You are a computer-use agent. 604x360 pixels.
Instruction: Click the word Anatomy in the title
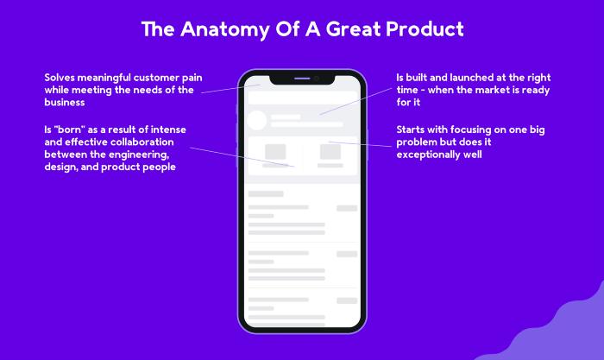pos(225,29)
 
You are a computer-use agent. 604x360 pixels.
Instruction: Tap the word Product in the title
pos(425,28)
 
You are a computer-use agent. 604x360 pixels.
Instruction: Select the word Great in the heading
pos(353,28)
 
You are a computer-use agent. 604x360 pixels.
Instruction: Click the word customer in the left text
pos(156,78)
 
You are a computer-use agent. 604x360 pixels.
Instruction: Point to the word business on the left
pos(65,102)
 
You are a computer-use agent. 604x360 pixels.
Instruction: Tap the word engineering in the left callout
pos(139,155)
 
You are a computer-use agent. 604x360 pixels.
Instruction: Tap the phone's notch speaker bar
pos(302,79)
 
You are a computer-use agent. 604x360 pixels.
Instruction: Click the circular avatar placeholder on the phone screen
pos(256,120)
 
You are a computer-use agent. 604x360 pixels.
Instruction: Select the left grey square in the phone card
pos(275,151)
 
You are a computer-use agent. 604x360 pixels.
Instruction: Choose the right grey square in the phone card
pos(330,151)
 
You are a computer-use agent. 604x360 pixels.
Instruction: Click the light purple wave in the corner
pos(558,332)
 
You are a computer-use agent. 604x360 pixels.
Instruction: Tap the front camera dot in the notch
pos(317,79)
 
